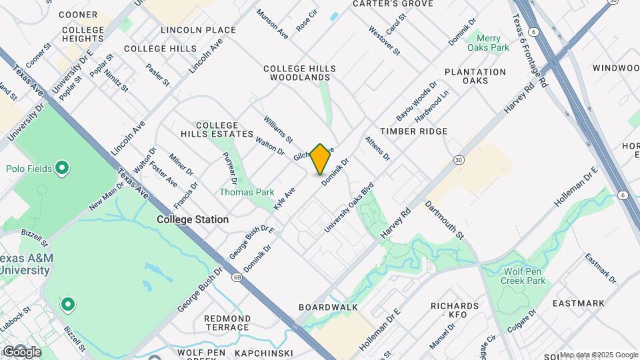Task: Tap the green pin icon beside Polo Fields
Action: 62,168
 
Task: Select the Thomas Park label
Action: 247,192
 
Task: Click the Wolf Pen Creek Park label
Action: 525,275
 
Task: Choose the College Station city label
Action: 193,219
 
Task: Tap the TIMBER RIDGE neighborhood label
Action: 413,131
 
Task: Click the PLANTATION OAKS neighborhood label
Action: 475,76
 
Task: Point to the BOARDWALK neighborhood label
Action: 328,307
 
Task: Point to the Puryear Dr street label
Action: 229,167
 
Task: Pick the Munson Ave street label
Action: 272,24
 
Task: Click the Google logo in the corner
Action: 22,351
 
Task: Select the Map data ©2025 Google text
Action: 599,355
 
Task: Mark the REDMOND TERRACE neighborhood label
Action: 227,323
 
